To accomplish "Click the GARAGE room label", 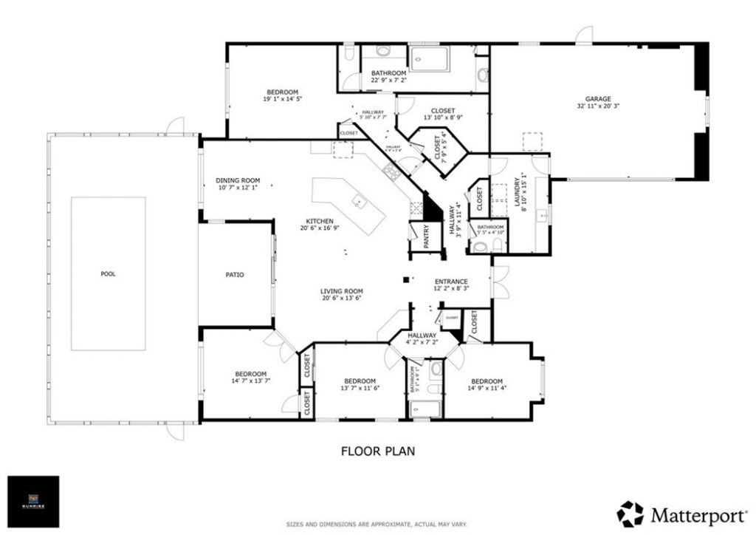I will click(x=598, y=98).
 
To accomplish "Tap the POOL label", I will click(x=108, y=274).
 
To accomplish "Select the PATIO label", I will click(x=235, y=275).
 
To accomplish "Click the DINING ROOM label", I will click(x=238, y=180).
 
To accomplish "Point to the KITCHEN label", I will click(x=320, y=221).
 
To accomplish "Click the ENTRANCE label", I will click(x=451, y=282).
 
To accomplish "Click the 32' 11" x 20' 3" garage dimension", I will click(x=598, y=106).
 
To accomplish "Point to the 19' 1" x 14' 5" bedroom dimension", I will click(x=282, y=99).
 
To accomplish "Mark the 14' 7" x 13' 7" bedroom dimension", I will click(x=251, y=381).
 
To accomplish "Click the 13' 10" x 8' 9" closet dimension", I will click(x=444, y=117).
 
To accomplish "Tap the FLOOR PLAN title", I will click(x=378, y=450).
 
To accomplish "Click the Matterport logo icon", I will click(x=630, y=514).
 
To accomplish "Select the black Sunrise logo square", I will click(x=33, y=502).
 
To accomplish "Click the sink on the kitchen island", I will click(x=359, y=202).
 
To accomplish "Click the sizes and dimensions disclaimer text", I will click(x=377, y=525).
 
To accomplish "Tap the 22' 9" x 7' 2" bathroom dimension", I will click(x=388, y=81).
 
